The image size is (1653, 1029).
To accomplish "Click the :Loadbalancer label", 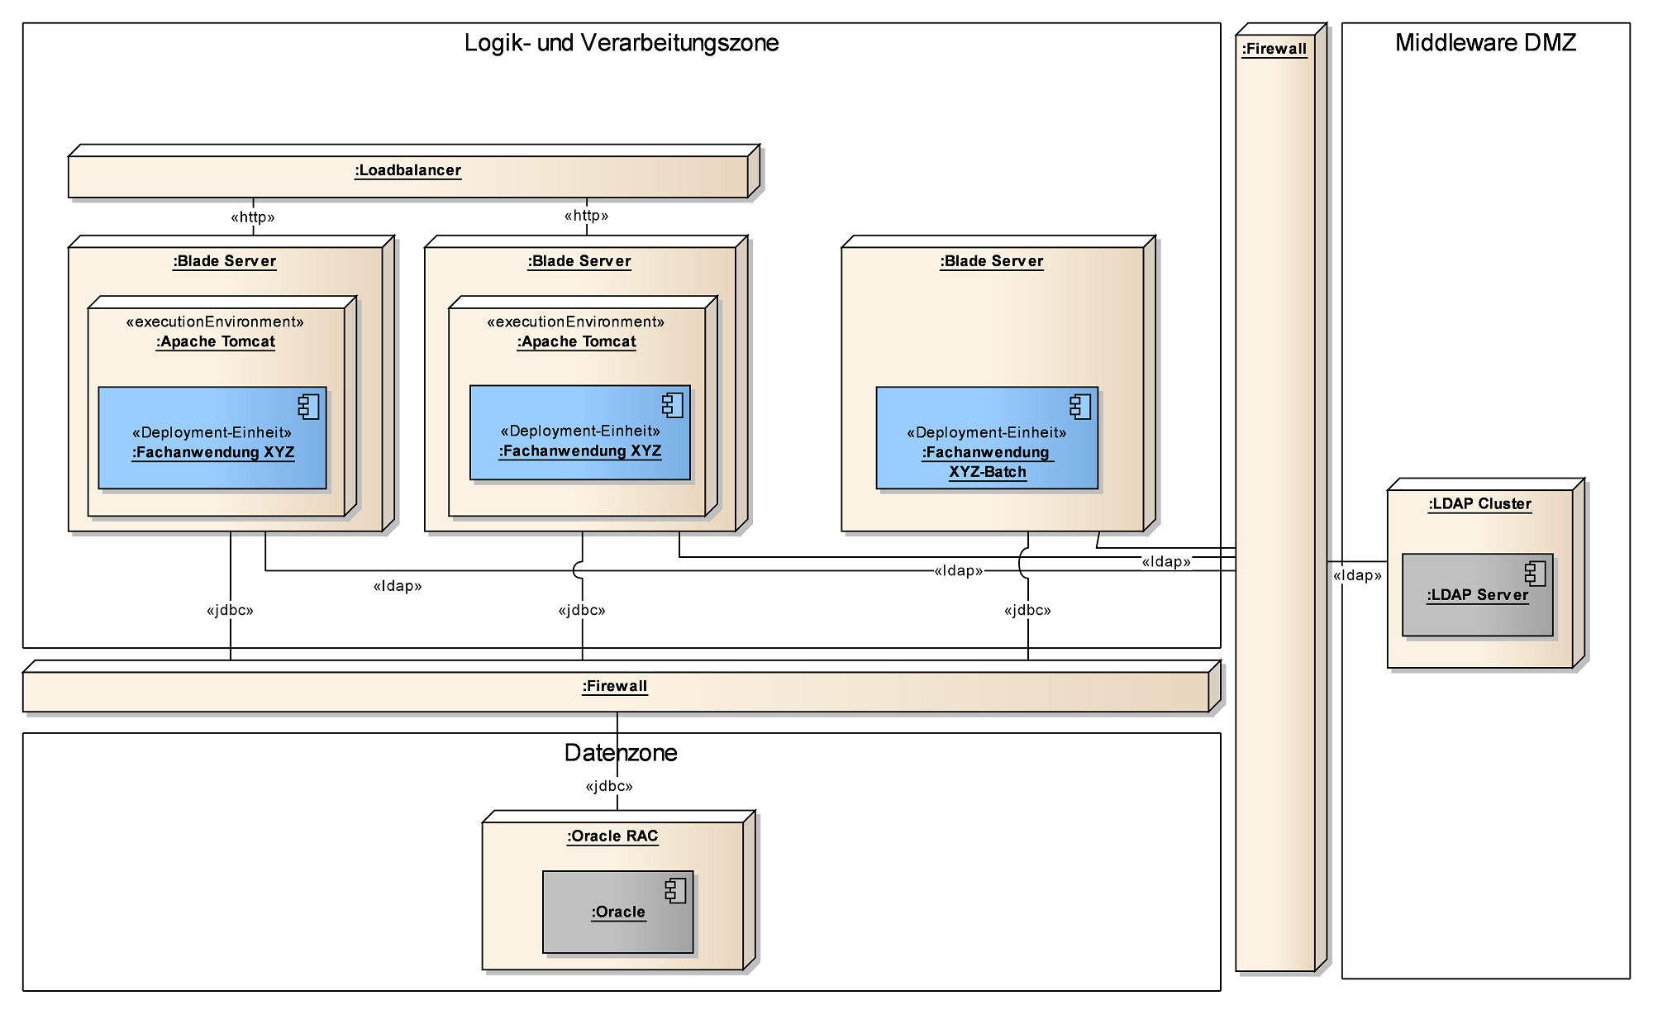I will [407, 170].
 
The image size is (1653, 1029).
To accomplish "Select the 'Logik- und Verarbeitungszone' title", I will [621, 42].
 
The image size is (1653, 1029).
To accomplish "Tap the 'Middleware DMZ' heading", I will [1485, 42].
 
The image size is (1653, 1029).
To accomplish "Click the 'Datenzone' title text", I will [621, 752].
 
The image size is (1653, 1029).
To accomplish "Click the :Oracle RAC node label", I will [612, 836].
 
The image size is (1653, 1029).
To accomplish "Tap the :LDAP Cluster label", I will [1479, 503].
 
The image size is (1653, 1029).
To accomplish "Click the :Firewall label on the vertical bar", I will [1274, 49].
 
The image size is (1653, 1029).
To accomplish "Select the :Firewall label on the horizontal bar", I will [615, 686].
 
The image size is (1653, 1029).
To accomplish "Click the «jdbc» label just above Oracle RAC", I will [609, 786].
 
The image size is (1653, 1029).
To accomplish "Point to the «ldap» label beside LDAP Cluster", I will [1357, 575].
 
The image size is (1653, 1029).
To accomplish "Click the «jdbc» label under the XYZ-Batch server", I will [1027, 610].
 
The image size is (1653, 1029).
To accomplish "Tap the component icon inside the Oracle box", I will [675, 890].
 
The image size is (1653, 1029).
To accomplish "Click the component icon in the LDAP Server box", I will [1535, 574].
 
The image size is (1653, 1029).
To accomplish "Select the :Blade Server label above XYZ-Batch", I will [991, 261].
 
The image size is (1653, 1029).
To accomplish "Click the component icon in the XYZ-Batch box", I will [1079, 407].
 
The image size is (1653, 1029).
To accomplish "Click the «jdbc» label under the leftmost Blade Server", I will [230, 610].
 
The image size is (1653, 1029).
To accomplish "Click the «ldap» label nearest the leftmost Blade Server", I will [398, 586].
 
